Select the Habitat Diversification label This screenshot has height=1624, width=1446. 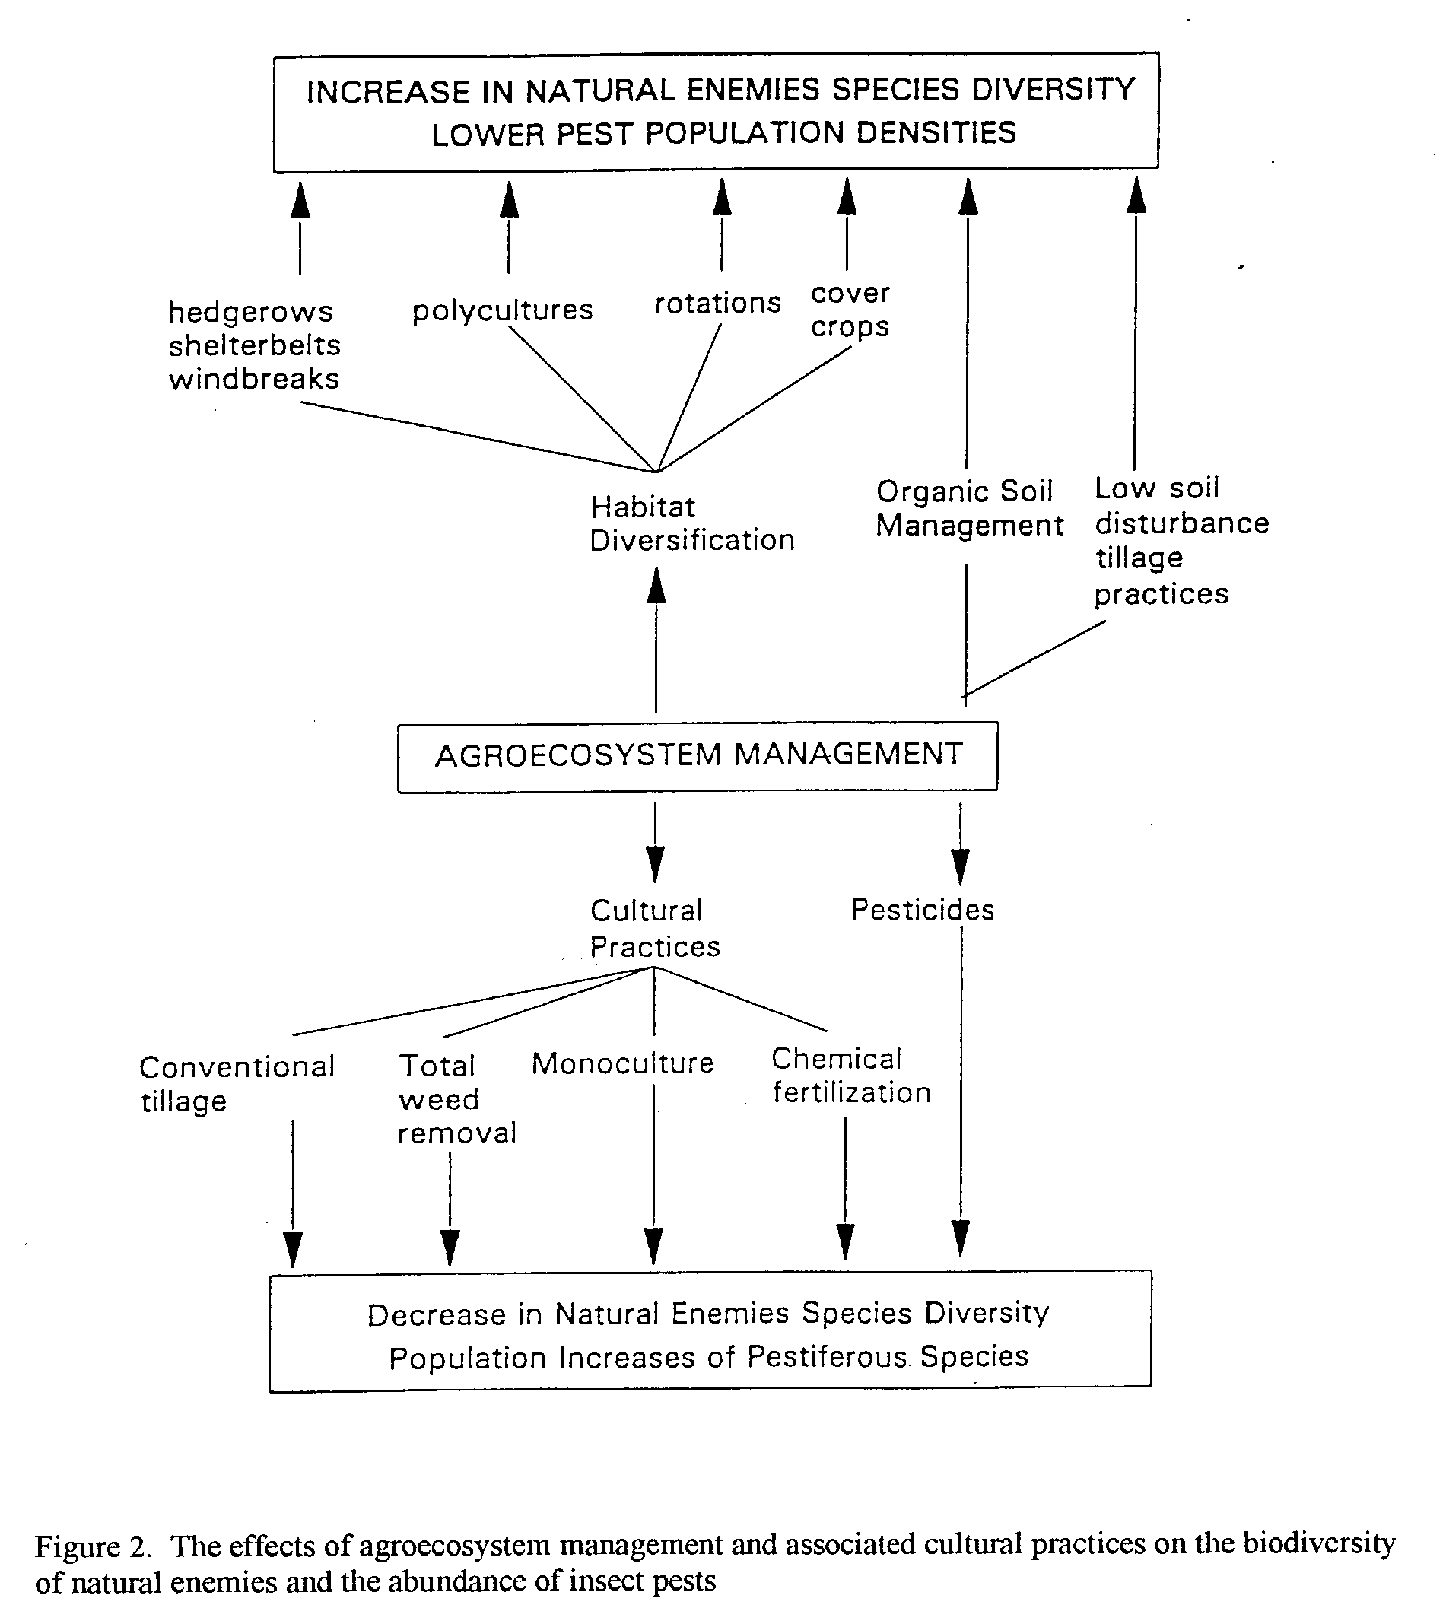tap(692, 523)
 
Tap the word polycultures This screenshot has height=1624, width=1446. tap(502, 310)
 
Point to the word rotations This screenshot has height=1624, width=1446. tap(717, 304)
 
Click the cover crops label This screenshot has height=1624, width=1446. tap(850, 310)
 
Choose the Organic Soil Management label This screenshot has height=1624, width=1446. tap(969, 508)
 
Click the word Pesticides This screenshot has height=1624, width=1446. tap(923, 910)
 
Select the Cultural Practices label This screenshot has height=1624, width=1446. tap(655, 928)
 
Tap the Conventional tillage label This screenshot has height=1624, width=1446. tap(237, 1085)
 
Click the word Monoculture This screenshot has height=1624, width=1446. tap(623, 1063)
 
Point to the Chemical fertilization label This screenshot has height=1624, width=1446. tap(851, 1076)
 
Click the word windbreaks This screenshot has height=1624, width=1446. tap(254, 379)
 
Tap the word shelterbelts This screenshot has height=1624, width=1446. tap(254, 345)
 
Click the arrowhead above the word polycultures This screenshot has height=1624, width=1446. tap(510, 200)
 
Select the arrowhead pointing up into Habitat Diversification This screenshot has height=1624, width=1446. tap(656, 586)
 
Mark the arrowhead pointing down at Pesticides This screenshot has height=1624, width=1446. tap(961, 867)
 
